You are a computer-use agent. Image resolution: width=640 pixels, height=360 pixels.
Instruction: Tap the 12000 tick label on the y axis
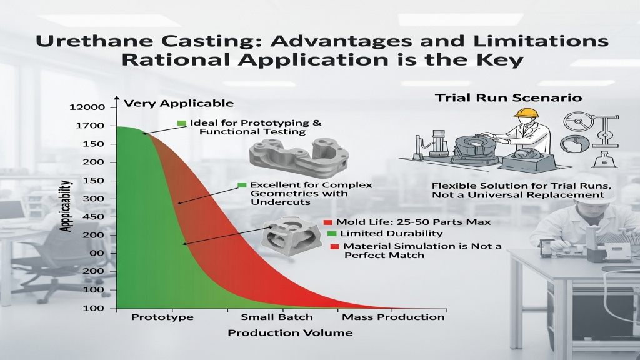pos(87,107)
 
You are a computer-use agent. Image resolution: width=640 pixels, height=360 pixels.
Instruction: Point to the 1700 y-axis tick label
pos(90,126)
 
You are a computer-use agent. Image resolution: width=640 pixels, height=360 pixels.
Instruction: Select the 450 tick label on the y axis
pos(94,217)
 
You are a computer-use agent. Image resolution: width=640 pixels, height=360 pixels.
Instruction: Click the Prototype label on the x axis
pos(162,317)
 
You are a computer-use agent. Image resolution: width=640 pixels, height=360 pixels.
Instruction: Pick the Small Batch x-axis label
pos(277,317)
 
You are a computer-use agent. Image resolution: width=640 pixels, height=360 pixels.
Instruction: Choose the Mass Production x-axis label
pos(393,317)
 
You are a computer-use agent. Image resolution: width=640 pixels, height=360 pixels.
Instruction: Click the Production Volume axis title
pos(290,333)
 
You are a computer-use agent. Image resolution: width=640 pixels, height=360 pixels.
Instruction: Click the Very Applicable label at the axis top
pos(179,103)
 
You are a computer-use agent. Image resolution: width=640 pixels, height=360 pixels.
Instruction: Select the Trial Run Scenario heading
pos(508,98)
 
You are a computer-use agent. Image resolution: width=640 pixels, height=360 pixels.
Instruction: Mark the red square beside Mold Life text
pos(327,222)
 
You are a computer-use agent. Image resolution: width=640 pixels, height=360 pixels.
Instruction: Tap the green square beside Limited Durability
pos(332,234)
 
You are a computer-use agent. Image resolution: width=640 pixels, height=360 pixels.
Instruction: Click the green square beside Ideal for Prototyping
pos(182,123)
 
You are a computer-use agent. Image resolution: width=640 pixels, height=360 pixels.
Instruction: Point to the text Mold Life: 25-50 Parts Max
pos(414,222)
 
